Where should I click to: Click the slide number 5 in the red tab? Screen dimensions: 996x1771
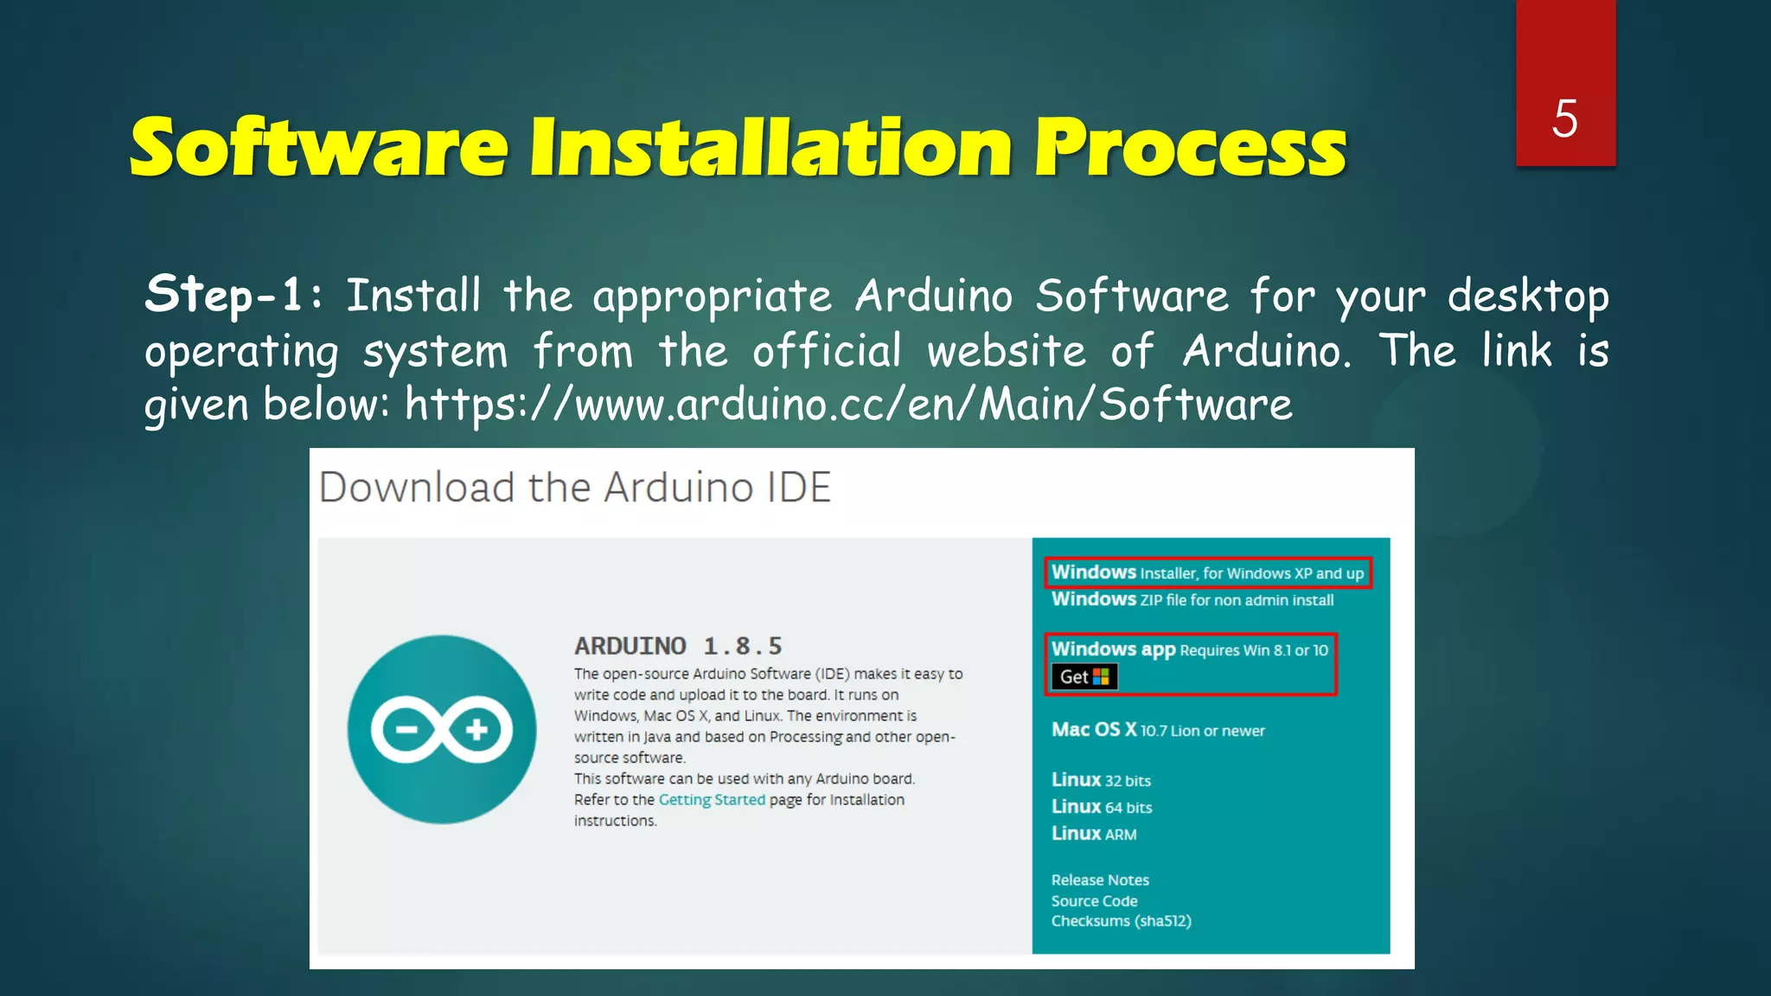pos(1564,118)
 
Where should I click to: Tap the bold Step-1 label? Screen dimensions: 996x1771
pos(224,295)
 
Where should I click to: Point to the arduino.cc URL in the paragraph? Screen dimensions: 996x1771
pos(848,405)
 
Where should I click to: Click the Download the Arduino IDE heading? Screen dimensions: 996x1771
pos(575,488)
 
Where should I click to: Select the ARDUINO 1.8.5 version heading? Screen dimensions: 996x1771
pos(678,646)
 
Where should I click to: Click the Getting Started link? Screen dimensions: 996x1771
pos(712,800)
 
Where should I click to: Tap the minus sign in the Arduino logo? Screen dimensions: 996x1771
pos(406,731)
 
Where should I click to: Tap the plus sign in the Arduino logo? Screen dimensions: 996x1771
pos(476,731)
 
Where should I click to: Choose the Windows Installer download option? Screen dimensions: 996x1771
pos(1207,572)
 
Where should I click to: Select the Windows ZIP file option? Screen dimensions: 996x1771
pos(1192,599)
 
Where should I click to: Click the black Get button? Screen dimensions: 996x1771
pos(1084,677)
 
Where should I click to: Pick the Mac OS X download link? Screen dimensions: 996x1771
pos(1158,730)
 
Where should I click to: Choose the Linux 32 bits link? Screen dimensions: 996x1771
pos(1101,780)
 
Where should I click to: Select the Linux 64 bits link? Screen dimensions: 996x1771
pos(1102,807)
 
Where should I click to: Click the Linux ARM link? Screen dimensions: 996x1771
pos(1094,833)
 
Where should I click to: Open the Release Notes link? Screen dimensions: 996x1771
pos(1100,880)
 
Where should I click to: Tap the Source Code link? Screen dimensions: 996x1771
pos(1094,901)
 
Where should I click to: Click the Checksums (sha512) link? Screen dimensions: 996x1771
pos(1121,921)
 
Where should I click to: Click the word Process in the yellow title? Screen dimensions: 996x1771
pos(1191,148)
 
